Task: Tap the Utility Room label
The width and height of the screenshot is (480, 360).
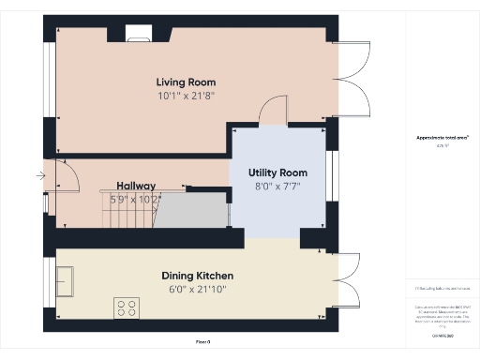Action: click(277, 173)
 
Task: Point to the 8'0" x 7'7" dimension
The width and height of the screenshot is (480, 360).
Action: click(277, 187)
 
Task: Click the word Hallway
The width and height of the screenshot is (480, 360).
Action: click(136, 186)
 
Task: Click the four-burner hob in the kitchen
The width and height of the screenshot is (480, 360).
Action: click(126, 307)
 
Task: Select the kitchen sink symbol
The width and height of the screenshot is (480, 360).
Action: click(66, 280)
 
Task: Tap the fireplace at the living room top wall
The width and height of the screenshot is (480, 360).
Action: click(138, 35)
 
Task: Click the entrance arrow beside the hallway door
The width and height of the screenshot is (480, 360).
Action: click(39, 175)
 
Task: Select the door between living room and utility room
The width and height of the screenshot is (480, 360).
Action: click(273, 110)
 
